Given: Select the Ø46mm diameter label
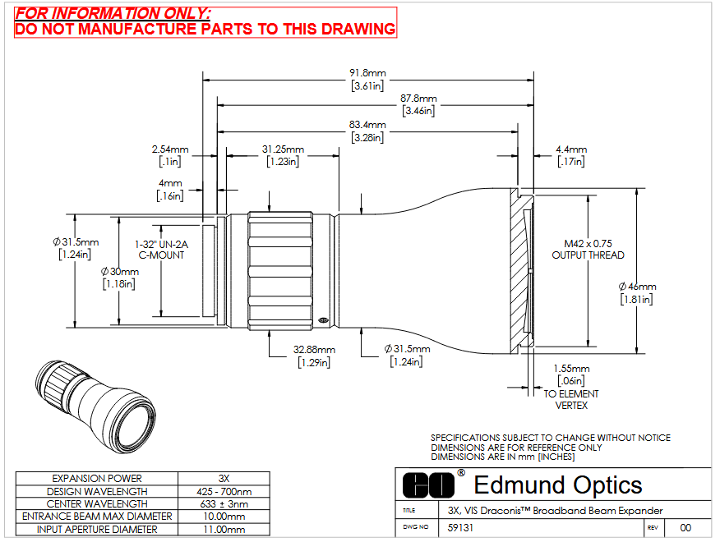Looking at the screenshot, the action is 637,293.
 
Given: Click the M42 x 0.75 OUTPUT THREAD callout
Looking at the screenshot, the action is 588,249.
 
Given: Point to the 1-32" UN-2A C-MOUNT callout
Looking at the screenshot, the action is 161,250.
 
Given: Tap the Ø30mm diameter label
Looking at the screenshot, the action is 119,278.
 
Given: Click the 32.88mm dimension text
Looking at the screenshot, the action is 314,356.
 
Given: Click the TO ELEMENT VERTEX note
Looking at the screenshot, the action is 571,400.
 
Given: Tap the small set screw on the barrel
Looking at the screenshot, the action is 323,320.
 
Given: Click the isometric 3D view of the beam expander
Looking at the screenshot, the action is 95,406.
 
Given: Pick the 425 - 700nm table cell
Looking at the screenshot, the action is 224,492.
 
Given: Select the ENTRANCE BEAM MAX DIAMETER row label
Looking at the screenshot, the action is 97,517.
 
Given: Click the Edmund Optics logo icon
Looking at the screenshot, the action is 428,485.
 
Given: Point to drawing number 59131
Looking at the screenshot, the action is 460,528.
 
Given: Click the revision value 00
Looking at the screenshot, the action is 685,528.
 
